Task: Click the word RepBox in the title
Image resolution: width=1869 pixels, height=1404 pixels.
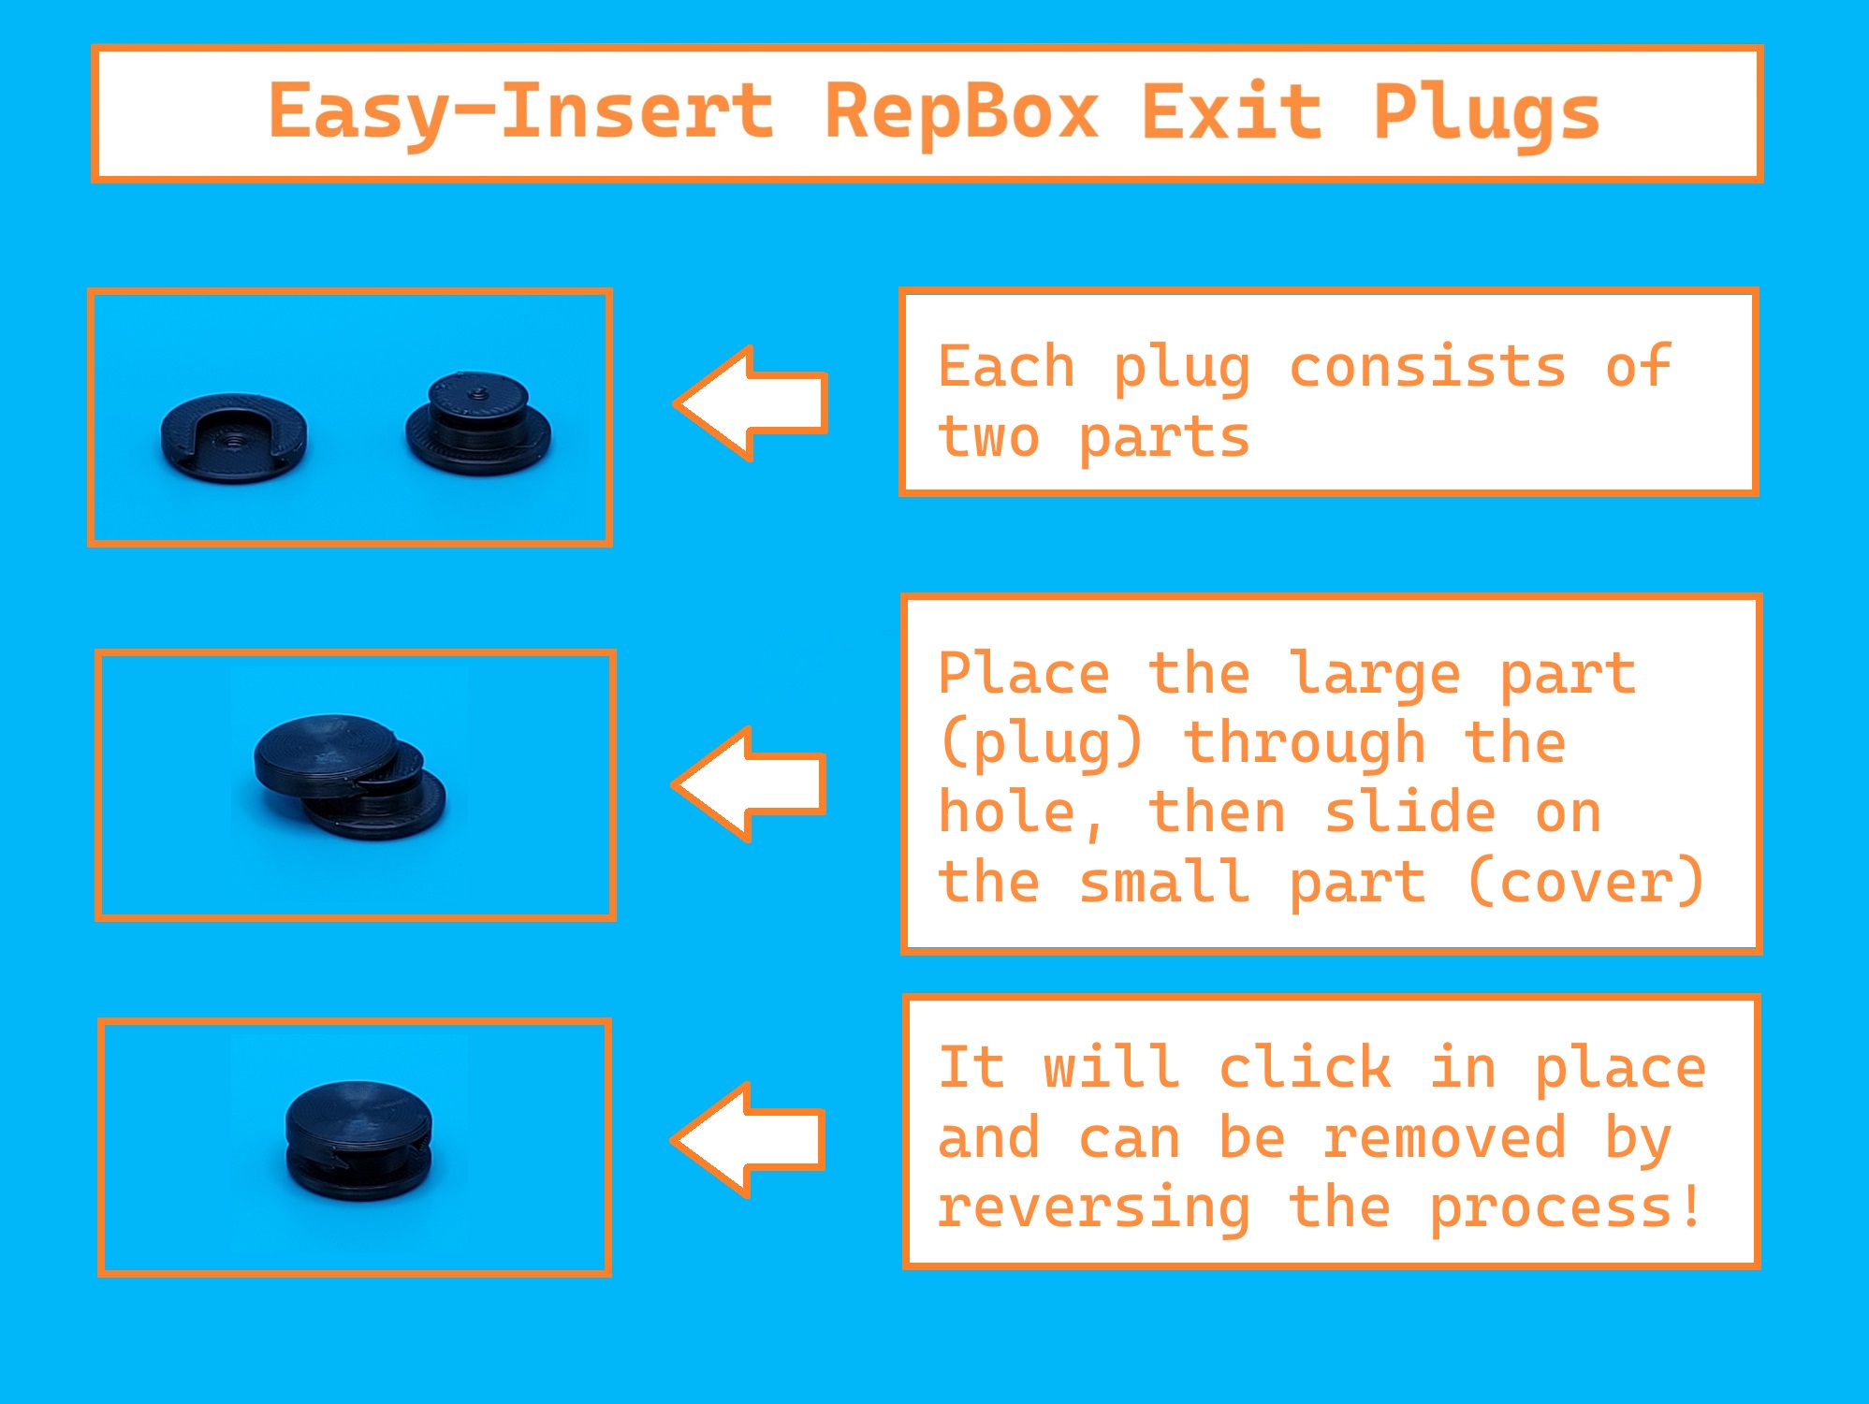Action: click(x=960, y=112)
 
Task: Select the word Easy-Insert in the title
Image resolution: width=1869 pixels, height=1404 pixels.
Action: click(x=521, y=112)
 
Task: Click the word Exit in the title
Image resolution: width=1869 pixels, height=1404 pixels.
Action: click(x=1232, y=112)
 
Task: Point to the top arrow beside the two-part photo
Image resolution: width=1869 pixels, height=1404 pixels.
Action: click(x=753, y=402)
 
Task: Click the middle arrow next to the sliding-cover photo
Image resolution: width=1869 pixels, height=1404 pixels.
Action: click(x=752, y=784)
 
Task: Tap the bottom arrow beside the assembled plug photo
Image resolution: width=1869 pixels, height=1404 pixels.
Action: click(x=751, y=1139)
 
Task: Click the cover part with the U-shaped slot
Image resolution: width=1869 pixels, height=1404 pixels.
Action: click(x=234, y=437)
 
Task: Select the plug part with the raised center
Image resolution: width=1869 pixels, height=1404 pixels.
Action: click(x=478, y=425)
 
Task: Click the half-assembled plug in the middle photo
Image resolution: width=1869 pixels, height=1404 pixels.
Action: click(x=349, y=775)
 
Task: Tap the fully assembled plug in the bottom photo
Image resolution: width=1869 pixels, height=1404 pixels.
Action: click(x=358, y=1140)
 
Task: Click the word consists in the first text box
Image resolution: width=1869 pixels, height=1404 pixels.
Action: click(x=1427, y=367)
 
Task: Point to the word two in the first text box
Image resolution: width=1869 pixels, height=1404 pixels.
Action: click(x=989, y=437)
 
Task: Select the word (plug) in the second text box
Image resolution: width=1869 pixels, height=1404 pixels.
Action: click(x=1041, y=744)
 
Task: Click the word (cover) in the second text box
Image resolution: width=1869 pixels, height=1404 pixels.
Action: click(x=1586, y=883)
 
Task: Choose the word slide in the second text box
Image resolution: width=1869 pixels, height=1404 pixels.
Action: click(x=1409, y=812)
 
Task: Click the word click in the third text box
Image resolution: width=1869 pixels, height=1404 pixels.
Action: click(x=1305, y=1068)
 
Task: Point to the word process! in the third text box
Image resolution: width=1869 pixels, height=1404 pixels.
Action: click(x=1565, y=1208)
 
